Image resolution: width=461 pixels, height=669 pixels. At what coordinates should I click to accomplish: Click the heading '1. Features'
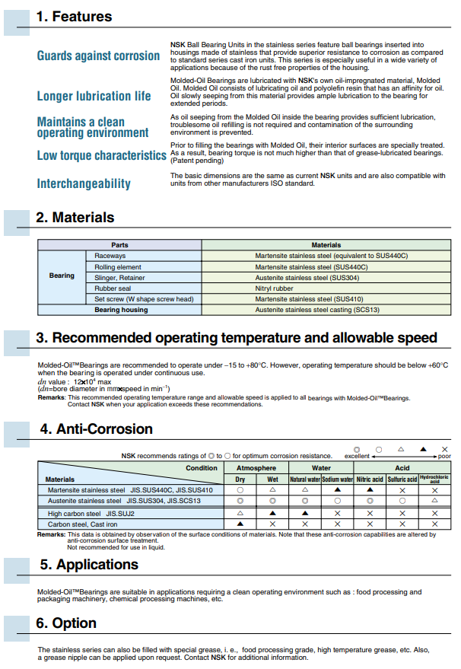pyautogui.click(x=74, y=16)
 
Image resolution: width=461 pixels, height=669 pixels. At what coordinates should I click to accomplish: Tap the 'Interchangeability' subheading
pyautogui.click(x=84, y=183)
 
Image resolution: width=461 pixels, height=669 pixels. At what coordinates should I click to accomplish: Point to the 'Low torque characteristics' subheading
pyautogui.click(x=102, y=155)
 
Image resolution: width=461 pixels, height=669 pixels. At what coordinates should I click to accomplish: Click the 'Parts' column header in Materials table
pyautogui.click(x=119, y=245)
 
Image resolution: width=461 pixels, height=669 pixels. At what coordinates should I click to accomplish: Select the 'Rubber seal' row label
pyautogui.click(x=112, y=288)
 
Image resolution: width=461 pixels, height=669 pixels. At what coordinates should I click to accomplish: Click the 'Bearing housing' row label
pyautogui.click(x=121, y=310)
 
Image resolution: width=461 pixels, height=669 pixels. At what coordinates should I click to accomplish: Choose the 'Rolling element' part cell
pyautogui.click(x=118, y=267)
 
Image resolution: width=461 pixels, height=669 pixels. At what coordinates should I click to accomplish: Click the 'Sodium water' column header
pyautogui.click(x=337, y=479)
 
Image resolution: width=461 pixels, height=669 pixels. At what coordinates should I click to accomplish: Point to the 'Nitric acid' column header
pyautogui.click(x=370, y=479)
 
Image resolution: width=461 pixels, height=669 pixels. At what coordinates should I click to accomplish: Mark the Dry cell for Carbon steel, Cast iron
pyautogui.click(x=240, y=524)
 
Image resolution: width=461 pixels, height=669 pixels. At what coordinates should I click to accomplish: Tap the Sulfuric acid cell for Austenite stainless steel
pyautogui.click(x=402, y=501)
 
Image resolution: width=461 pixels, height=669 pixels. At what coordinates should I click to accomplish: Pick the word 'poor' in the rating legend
pyautogui.click(x=444, y=456)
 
